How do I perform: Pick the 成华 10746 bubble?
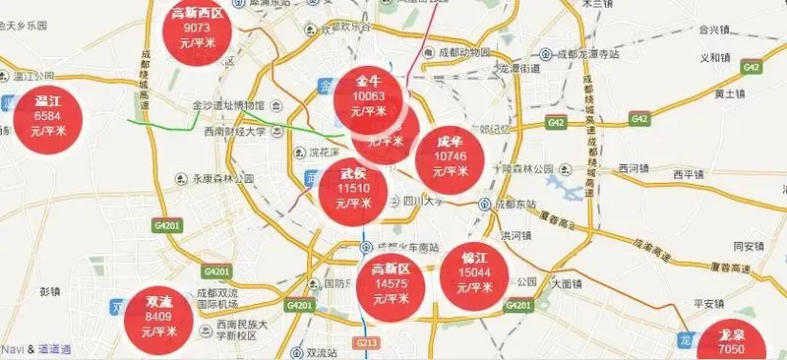450,158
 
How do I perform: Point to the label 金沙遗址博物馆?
227,105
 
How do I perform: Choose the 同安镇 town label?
751,246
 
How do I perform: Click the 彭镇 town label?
50,292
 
